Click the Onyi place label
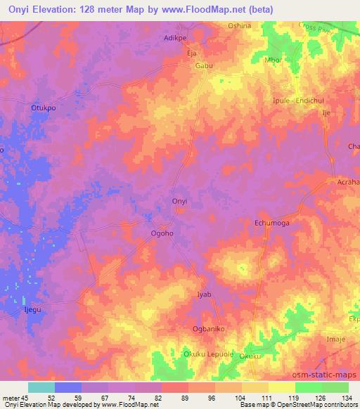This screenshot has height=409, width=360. click(179, 202)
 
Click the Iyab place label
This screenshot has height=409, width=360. click(204, 295)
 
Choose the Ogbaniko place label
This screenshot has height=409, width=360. click(208, 329)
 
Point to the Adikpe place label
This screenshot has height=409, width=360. click(176, 38)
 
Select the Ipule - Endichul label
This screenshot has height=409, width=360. click(297, 100)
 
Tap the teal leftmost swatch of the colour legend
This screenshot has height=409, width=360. click(41, 387)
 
